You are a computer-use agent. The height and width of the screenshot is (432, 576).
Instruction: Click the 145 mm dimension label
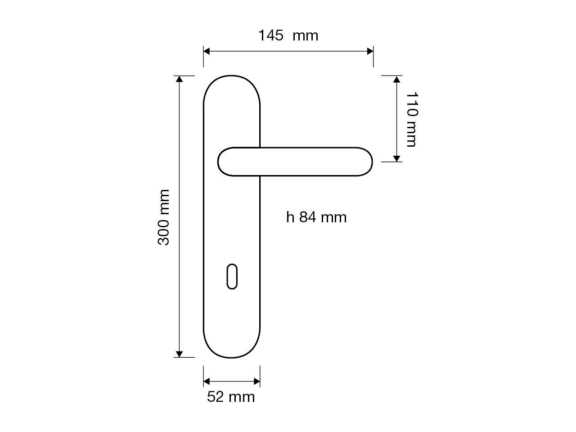pyautogui.click(x=288, y=36)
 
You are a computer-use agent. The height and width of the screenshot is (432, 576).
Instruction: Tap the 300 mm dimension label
pyautogui.click(x=163, y=217)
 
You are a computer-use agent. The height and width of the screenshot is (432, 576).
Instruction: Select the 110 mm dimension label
pyautogui.click(x=412, y=119)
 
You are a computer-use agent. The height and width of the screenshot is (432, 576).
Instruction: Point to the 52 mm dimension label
pyautogui.click(x=231, y=397)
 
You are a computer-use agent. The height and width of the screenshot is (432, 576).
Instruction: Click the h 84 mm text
pyautogui.click(x=316, y=217)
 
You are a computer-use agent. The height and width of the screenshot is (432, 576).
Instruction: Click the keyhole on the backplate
pyautogui.click(x=232, y=277)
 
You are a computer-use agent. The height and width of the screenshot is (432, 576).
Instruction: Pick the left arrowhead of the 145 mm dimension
pyautogui.click(x=207, y=51)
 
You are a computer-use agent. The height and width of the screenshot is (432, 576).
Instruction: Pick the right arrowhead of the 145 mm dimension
pyautogui.click(x=370, y=51)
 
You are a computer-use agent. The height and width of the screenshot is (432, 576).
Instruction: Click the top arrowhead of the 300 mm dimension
pyautogui.click(x=179, y=79)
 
